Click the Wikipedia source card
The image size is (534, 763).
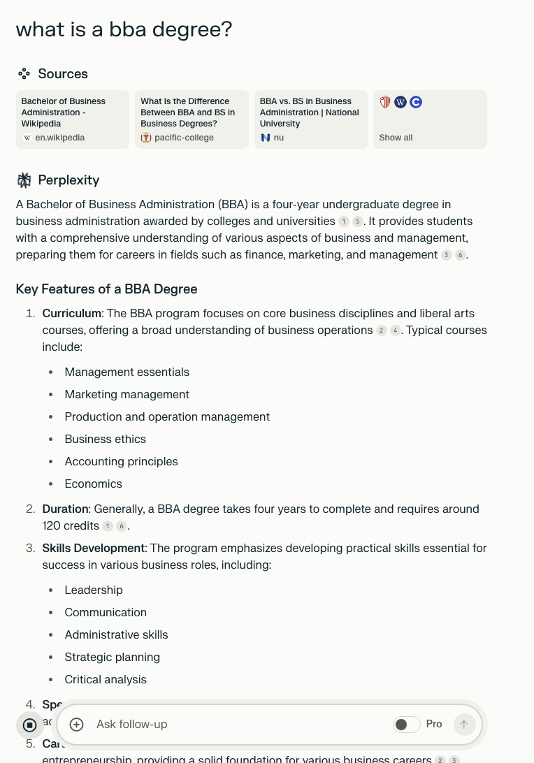click(72, 119)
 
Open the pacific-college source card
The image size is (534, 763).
click(192, 119)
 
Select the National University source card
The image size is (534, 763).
click(310, 119)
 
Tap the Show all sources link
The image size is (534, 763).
click(396, 138)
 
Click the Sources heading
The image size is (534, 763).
click(62, 74)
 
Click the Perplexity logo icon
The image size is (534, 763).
click(24, 180)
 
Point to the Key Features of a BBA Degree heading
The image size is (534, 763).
click(106, 289)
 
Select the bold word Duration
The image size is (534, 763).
click(65, 509)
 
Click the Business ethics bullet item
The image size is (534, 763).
click(105, 439)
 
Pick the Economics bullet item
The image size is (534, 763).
click(93, 484)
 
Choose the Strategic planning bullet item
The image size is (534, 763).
click(112, 657)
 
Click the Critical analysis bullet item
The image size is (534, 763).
click(106, 680)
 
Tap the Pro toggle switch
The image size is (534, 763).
click(406, 725)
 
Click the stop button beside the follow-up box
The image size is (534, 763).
click(29, 725)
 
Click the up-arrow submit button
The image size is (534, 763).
click(464, 725)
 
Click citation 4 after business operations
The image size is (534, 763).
click(395, 330)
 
